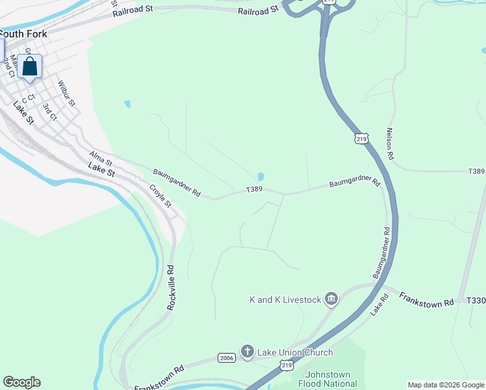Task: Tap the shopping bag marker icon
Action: pyautogui.click(x=29, y=66)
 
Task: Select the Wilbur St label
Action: pyautogui.click(x=67, y=94)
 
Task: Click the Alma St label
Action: pyautogui.click(x=101, y=157)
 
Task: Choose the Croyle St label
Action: pyautogui.click(x=160, y=196)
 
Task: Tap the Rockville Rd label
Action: pyautogui.click(x=172, y=286)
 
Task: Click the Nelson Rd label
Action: pyautogui.click(x=390, y=144)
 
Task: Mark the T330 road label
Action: pyautogui.click(x=476, y=300)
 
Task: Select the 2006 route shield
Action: pyautogui.click(x=226, y=357)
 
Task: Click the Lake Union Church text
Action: pyautogui.click(x=295, y=352)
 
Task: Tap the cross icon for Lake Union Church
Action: pyautogui.click(x=247, y=352)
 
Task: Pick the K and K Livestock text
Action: pyautogui.click(x=285, y=300)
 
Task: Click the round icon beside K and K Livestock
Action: pyautogui.click(x=331, y=299)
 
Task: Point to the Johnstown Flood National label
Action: pyautogui.click(x=329, y=380)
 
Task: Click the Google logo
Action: pyautogui.click(x=21, y=382)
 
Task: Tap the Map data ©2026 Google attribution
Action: pyautogui.click(x=446, y=385)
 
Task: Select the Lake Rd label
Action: pyautogui.click(x=379, y=305)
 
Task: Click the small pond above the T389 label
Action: pyautogui.click(x=261, y=177)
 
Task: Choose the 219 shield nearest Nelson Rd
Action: pyautogui.click(x=361, y=138)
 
